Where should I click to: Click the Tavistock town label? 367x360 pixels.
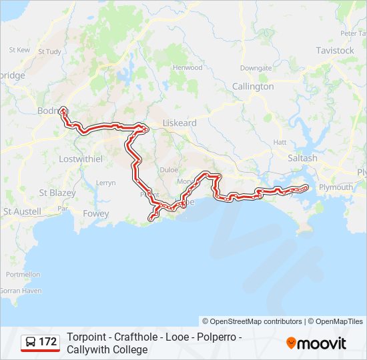coord(335,51)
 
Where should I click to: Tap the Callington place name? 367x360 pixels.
coord(253,87)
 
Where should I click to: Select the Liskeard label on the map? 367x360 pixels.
coord(179,123)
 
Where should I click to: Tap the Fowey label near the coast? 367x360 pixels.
coord(96,214)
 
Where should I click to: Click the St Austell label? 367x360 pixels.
coord(22,211)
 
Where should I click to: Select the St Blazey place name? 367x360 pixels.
coord(57,193)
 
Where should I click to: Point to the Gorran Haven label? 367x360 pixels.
coord(21,291)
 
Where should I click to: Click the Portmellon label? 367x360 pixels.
coord(23,274)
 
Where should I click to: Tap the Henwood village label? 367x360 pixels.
coord(188,68)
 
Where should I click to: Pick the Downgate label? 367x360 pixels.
coord(256,68)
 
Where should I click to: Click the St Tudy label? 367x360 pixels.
coord(50,51)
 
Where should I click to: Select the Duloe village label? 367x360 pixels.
coord(169,169)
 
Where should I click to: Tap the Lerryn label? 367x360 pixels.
coord(105,182)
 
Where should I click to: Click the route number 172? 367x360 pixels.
coord(47,342)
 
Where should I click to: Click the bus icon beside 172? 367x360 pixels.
coord(31,342)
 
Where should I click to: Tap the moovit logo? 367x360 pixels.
coord(316,343)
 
